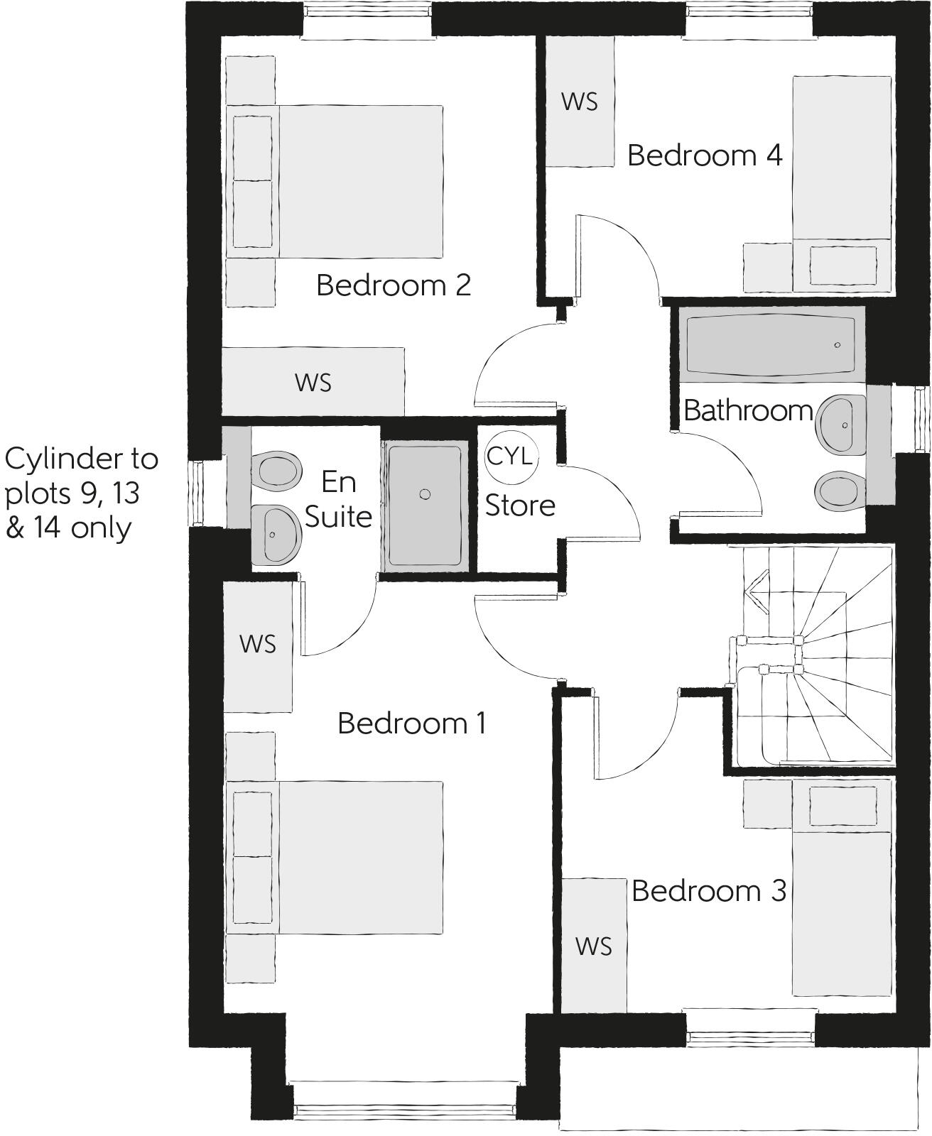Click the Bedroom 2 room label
click(394, 285)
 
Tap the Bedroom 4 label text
click(705, 155)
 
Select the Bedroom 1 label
click(411, 723)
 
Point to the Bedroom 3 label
click(708, 890)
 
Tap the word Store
click(519, 506)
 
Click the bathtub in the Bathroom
click(771, 344)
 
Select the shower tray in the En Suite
click(425, 504)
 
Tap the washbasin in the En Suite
click(274, 534)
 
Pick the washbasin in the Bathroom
click(841, 425)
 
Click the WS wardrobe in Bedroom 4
click(579, 102)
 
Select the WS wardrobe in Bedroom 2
click(313, 382)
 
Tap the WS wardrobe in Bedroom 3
click(594, 946)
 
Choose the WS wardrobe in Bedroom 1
click(257, 645)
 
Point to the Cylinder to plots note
click(80, 493)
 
